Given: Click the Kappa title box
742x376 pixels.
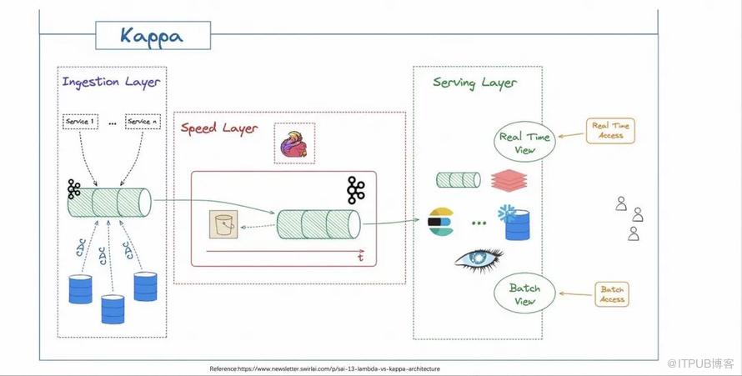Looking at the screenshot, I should pyautogui.click(x=152, y=36).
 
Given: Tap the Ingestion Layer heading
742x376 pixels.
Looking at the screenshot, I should pyautogui.click(x=111, y=83).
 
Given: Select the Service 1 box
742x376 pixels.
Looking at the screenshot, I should pyautogui.click(x=80, y=122).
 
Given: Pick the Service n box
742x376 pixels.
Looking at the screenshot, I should pyautogui.click(x=143, y=122).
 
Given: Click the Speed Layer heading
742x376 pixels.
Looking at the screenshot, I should pyautogui.click(x=220, y=128).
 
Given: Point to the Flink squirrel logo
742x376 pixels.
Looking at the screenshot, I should pyautogui.click(x=294, y=143).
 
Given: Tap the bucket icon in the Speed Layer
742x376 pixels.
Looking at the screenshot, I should pyautogui.click(x=223, y=225).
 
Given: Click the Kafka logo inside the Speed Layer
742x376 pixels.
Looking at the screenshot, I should pyautogui.click(x=357, y=190).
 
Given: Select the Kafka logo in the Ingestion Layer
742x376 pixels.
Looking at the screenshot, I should pyautogui.click(x=74, y=191).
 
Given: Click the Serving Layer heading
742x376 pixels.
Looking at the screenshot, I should pyautogui.click(x=474, y=83).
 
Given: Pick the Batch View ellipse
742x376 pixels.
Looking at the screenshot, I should pyautogui.click(x=524, y=293).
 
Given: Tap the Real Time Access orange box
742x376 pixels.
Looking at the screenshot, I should pyautogui.click(x=610, y=130).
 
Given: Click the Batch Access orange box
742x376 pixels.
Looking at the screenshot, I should pyautogui.click(x=612, y=294).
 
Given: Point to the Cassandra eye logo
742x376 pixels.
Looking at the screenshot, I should pyautogui.click(x=479, y=260).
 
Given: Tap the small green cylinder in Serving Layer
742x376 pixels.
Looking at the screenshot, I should pyautogui.click(x=459, y=179).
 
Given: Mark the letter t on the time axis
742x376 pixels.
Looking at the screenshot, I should pyautogui.click(x=360, y=258).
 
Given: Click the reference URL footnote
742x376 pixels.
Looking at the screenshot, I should pyautogui.click(x=324, y=368).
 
